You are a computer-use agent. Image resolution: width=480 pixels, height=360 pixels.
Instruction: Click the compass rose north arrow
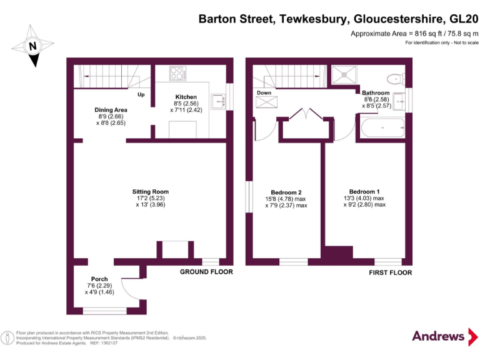tap(33, 45)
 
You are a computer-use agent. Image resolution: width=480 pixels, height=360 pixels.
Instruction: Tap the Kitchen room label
tap(186, 97)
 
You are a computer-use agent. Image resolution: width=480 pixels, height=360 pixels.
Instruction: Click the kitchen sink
tap(219, 101)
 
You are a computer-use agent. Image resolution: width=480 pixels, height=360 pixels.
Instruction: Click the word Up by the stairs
tap(141, 95)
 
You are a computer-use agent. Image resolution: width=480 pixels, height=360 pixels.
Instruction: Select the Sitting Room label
tap(150, 192)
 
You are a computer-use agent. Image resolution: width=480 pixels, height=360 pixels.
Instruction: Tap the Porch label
tap(99, 279)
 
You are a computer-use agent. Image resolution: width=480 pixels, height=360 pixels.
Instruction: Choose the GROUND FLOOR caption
tap(206, 272)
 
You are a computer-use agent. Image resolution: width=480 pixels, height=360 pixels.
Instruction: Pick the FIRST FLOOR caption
tap(386, 272)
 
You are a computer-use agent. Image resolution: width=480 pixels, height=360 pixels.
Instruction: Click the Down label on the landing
tap(264, 92)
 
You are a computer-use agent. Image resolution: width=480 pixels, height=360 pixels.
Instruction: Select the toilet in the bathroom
tap(394, 79)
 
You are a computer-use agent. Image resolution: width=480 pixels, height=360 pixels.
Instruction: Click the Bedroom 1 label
tap(364, 191)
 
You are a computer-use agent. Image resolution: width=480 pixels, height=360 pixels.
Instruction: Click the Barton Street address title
tap(338, 19)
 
